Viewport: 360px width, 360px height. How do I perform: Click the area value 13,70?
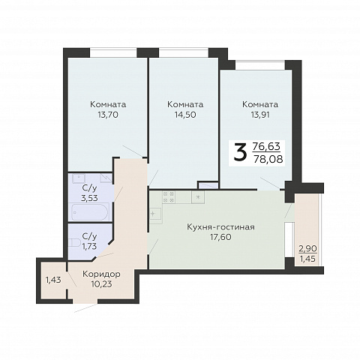coord(108,115)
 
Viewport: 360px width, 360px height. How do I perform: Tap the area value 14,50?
coord(185,115)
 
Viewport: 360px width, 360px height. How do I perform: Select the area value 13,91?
coord(260,115)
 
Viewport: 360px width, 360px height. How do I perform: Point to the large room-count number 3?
coord(240,153)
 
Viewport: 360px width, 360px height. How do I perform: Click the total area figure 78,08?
coord(268,159)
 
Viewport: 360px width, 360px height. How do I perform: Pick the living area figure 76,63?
coord(266,146)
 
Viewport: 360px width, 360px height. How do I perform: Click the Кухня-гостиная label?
coord(221,227)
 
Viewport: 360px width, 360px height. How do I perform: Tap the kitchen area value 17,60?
coord(220,237)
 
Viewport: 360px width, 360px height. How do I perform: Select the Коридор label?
coord(101,274)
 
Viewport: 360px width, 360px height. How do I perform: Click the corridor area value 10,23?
coord(101,284)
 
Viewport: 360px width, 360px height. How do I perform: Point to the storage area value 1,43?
coord(53,280)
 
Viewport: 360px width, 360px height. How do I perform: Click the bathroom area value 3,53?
coord(89,198)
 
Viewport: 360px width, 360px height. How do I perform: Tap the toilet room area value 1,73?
coord(89,247)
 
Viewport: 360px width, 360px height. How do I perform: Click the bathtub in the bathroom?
coord(90,212)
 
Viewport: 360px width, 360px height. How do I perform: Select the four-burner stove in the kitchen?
coord(169,197)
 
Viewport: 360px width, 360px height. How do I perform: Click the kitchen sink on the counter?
coord(155,214)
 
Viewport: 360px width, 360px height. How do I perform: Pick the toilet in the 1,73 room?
coord(74,243)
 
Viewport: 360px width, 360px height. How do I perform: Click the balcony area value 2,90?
coord(308,249)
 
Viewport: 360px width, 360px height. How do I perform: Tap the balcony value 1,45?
coord(307,259)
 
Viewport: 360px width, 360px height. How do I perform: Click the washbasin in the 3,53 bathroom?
coord(79,178)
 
